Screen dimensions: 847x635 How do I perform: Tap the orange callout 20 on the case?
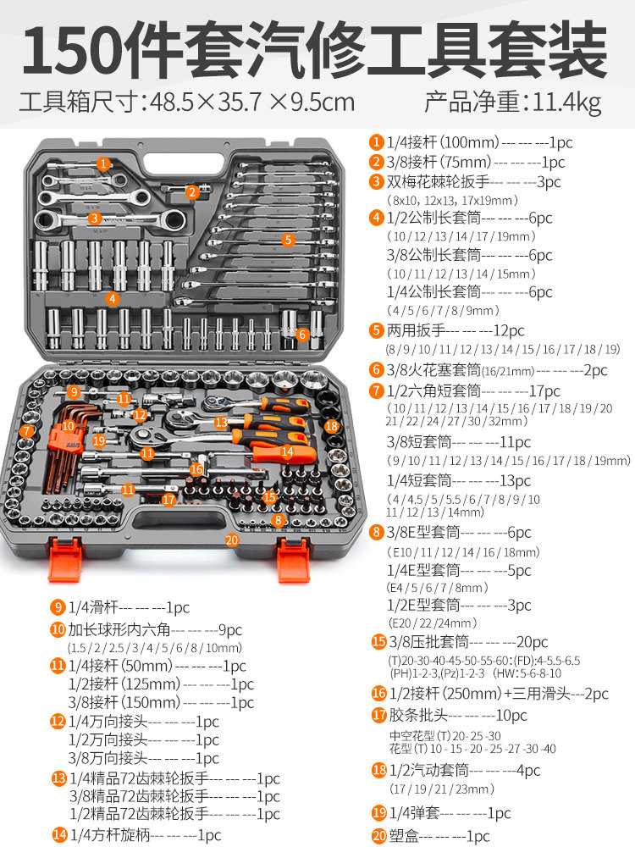click(x=232, y=540)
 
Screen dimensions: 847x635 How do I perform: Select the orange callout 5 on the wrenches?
click(x=288, y=240)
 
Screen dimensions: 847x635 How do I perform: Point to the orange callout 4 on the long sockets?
click(x=112, y=297)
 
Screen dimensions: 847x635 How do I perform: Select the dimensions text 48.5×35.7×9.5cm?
click(x=251, y=103)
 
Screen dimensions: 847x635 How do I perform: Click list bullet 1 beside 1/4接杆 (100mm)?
click(x=376, y=142)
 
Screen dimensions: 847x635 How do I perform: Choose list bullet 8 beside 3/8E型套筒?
click(x=376, y=533)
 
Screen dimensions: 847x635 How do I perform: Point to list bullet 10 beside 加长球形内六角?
click(x=58, y=630)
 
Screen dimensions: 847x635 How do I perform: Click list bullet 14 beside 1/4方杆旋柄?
click(x=58, y=834)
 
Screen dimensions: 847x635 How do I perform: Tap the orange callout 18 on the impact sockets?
click(x=331, y=426)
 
